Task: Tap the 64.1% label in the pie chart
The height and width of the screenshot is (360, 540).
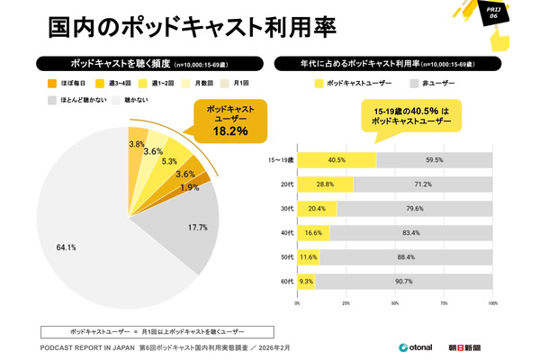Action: point(66,247)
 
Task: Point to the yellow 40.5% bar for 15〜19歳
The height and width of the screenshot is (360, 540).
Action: point(337,160)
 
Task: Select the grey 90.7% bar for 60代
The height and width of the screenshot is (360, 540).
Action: point(403,282)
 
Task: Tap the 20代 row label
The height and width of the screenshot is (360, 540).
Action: point(286,184)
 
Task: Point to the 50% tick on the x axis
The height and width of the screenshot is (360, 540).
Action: point(395,304)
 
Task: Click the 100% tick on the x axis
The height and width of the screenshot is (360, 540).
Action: point(492,304)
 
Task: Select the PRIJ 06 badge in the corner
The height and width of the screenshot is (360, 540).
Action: point(516,15)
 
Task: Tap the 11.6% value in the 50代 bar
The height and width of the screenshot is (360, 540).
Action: point(309,257)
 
